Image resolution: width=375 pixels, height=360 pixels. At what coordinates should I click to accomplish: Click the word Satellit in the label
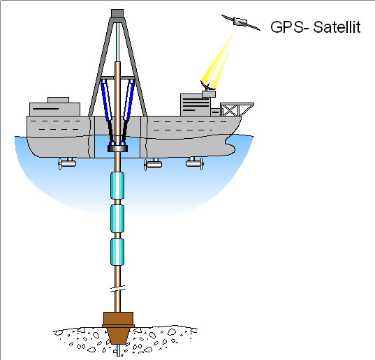[337, 27]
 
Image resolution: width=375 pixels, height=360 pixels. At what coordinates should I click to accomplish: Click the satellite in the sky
[241, 22]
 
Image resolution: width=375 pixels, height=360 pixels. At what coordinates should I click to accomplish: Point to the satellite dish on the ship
[207, 85]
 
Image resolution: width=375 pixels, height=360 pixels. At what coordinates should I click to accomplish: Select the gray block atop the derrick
[117, 13]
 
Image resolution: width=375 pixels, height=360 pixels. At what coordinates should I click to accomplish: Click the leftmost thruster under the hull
[67, 163]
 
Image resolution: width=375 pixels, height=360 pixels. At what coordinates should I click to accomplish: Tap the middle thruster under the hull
[153, 164]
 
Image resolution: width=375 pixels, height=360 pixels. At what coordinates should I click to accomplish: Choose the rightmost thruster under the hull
[195, 163]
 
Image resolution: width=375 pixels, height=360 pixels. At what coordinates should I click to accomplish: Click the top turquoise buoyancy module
[117, 186]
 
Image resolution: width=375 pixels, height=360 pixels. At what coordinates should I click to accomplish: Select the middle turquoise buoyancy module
[117, 218]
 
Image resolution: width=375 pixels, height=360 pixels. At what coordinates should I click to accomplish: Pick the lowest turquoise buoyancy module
[117, 252]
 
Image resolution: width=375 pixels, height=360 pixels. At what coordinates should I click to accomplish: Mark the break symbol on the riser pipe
[117, 289]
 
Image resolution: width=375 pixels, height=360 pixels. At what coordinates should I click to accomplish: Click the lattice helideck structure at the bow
[237, 110]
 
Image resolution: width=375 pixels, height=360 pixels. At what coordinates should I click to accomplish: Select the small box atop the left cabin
[59, 100]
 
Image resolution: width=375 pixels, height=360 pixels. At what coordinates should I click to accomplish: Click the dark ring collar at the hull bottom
[117, 149]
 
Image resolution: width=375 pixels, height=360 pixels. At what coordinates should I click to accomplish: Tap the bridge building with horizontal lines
[195, 105]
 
